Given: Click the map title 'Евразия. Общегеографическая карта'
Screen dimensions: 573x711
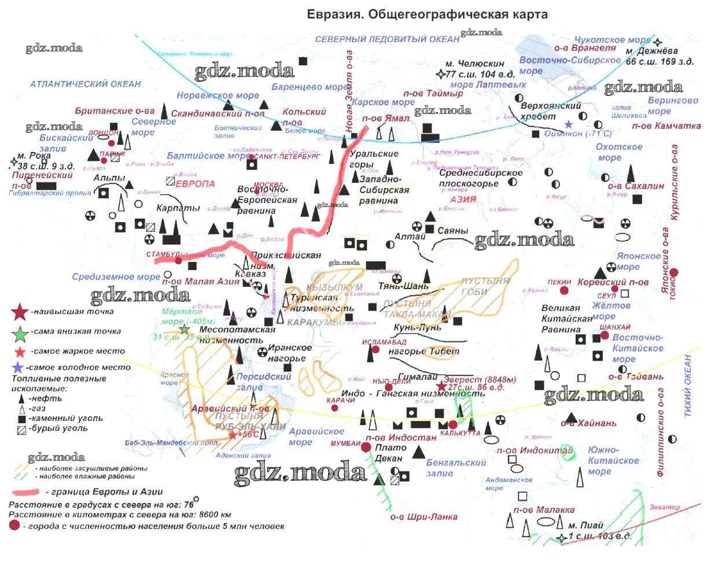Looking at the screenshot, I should pos(427,14).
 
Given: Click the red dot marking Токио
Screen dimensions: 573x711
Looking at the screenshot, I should pos(674,272).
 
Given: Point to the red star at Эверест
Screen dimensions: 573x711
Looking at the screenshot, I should pos(441,386).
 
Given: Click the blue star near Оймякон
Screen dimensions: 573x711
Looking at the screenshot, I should pos(569,124).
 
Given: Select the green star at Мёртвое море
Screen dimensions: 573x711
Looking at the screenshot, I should pos(185,329).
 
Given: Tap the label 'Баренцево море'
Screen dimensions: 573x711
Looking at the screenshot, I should pos(310,87).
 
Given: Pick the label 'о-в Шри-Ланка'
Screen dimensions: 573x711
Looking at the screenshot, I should pos(423,517).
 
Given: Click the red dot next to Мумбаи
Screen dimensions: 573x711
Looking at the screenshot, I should pos(366,447).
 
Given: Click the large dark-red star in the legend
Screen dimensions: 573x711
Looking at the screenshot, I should pos(20,312).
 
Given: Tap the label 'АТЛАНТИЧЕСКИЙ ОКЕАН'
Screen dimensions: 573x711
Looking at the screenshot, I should pos(85,84).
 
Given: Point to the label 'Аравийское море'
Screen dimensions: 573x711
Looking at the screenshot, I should pos(317,437).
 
